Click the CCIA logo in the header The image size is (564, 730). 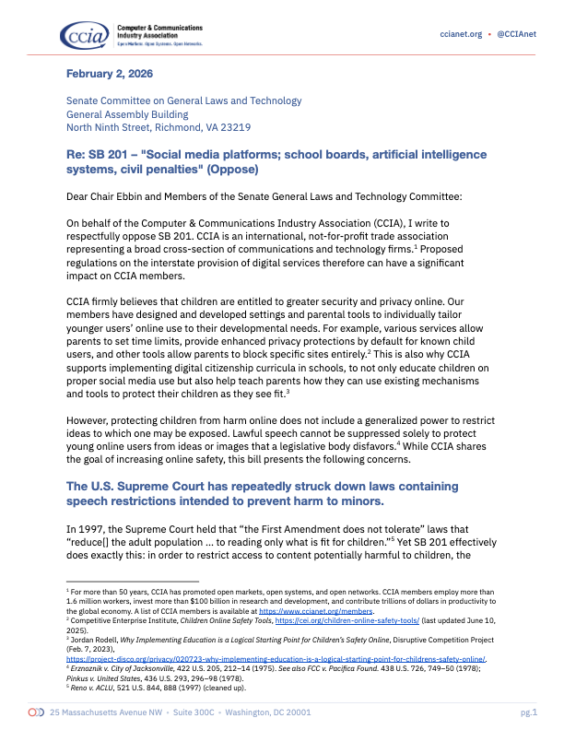(x=83, y=35)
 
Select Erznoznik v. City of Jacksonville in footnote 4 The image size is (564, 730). (x=130, y=661)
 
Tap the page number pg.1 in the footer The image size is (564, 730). (x=528, y=713)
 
